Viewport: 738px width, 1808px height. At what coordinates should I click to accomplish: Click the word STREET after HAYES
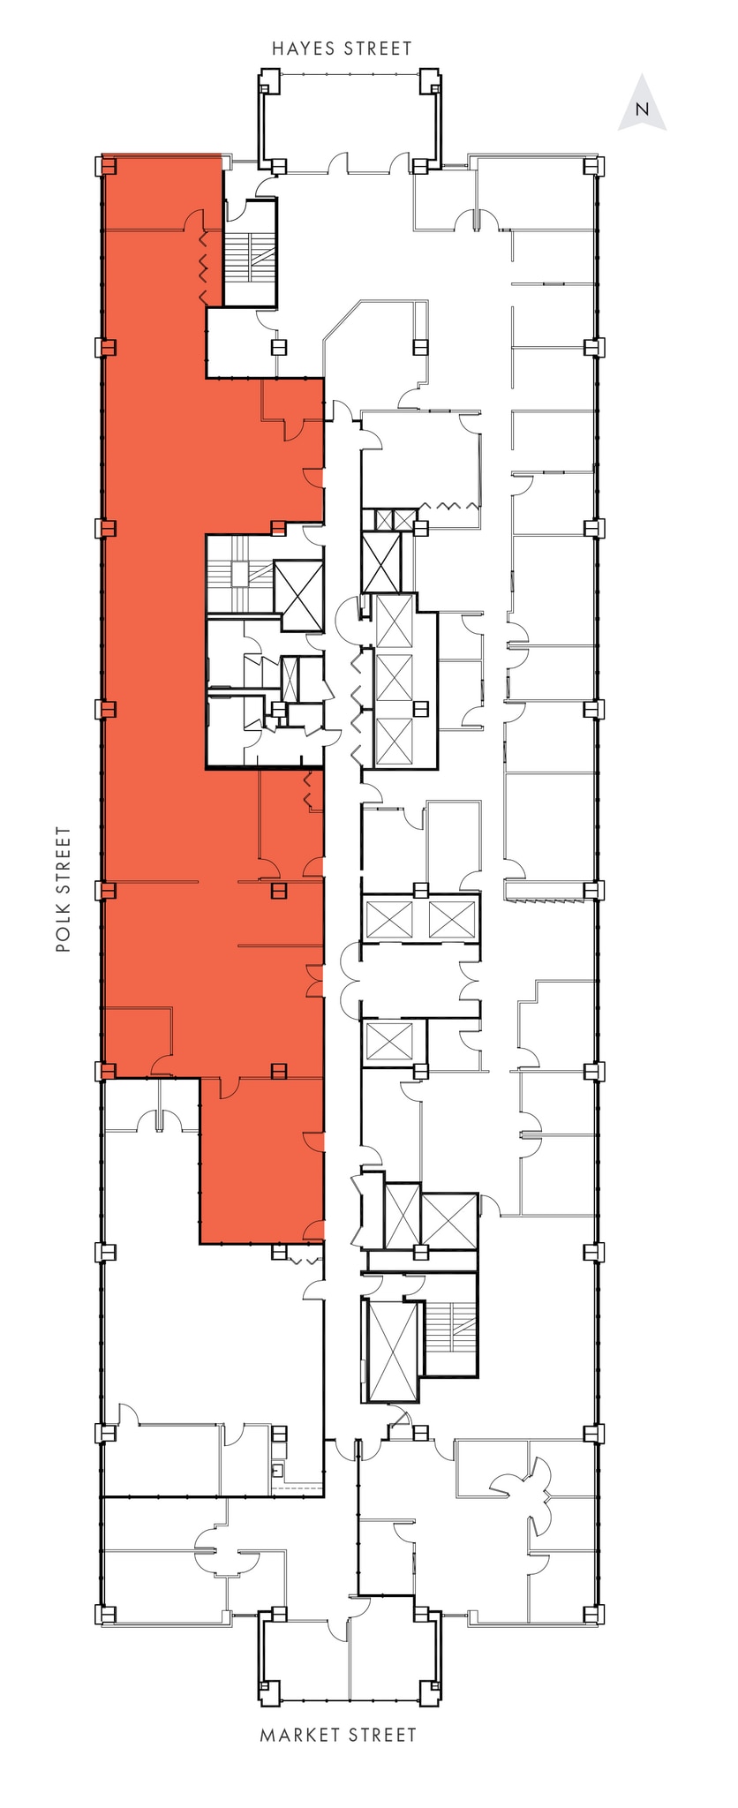pyautogui.click(x=379, y=49)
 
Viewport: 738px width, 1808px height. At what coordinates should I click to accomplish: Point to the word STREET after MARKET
pyautogui.click(x=381, y=1736)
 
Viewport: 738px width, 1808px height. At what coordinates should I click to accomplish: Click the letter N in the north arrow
pyautogui.click(x=643, y=110)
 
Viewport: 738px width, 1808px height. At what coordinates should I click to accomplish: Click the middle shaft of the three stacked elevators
pyautogui.click(x=394, y=676)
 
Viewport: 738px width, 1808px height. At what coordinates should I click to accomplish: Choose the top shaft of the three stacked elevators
pyautogui.click(x=394, y=621)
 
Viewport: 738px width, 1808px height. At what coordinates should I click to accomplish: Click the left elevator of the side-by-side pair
pyautogui.click(x=388, y=918)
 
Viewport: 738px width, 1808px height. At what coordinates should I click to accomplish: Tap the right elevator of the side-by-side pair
pyautogui.click(x=452, y=918)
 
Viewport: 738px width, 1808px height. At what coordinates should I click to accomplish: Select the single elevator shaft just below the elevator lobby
pyautogui.click(x=389, y=1042)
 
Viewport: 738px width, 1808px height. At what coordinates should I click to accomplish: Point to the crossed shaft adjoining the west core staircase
pyautogui.click(x=298, y=594)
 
